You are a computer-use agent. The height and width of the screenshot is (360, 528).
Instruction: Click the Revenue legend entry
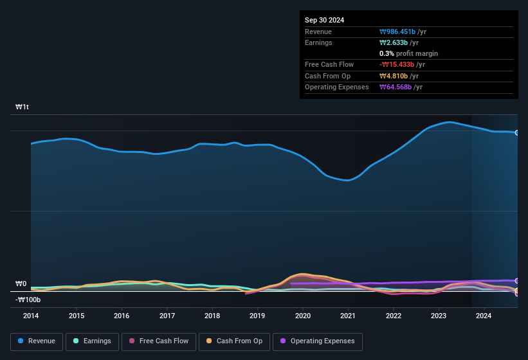[37, 341]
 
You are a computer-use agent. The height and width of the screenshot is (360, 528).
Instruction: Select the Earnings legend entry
[91, 341]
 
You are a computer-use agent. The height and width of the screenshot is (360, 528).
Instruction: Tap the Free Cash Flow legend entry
[159, 341]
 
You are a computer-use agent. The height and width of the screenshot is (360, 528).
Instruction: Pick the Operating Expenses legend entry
[318, 341]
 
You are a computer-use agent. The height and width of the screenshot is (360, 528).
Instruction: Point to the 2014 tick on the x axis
[31, 316]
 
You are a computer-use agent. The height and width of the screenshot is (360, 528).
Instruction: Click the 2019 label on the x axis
[257, 316]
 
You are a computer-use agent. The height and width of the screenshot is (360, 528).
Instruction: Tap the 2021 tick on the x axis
[348, 316]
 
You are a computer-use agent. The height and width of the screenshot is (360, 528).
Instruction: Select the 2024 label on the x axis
[484, 316]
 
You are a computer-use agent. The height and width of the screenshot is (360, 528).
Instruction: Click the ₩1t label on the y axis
[23, 107]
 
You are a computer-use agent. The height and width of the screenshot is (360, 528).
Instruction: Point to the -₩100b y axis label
[28, 300]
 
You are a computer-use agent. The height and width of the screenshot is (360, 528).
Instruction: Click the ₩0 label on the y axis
[21, 283]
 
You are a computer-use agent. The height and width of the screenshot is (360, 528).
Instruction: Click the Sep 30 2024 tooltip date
[325, 20]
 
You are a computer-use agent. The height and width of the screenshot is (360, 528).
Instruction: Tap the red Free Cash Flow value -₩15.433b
[397, 65]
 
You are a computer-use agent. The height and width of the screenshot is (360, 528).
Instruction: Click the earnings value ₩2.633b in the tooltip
[394, 42]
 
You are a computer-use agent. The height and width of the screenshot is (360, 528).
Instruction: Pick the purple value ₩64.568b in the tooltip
[396, 87]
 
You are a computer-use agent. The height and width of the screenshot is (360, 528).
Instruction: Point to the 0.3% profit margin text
[408, 53]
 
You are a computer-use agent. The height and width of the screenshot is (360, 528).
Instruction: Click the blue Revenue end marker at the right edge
[516, 132]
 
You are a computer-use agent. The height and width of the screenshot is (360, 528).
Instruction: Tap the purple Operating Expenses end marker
[516, 281]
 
